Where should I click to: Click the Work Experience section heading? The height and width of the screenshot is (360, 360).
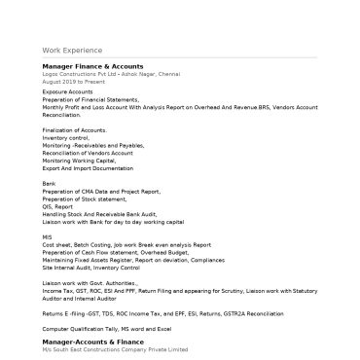[71, 50]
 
